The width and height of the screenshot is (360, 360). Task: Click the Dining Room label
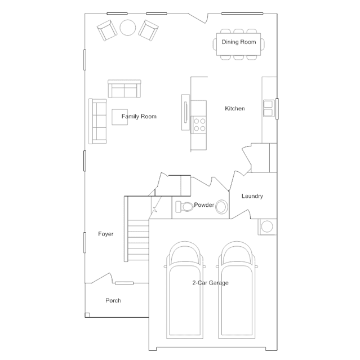tap(238, 42)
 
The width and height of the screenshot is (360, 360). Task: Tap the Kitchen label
tap(234, 108)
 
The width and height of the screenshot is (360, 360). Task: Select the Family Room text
tap(139, 117)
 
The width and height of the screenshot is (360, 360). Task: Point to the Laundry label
tap(252, 196)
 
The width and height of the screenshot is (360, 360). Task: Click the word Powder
tap(204, 205)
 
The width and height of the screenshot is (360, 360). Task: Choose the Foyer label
tap(105, 234)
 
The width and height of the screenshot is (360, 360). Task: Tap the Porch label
tap(113, 300)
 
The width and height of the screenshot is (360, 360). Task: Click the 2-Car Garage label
tap(210, 283)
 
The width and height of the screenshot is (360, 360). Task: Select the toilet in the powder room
tap(184, 207)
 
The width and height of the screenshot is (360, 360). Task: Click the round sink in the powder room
tap(221, 207)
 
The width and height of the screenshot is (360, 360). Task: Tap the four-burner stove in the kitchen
tap(199, 125)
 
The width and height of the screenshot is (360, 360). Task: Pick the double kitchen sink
tap(268, 108)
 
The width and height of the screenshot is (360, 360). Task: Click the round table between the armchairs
tap(128, 28)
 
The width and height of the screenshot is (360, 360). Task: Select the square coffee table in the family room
tap(119, 117)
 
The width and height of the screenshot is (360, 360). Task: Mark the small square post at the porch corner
tap(87, 315)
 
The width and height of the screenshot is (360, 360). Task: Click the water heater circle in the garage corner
tap(267, 226)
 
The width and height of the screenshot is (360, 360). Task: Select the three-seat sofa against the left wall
tap(98, 122)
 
